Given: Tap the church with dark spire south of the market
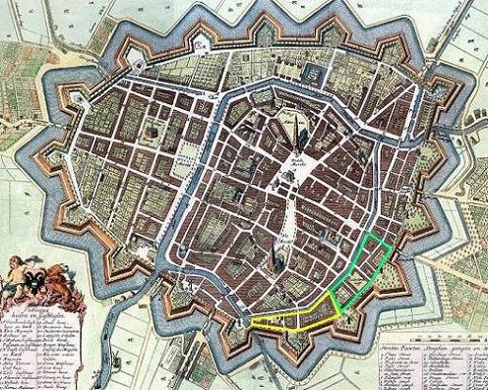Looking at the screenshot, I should pyautogui.click(x=279, y=257).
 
